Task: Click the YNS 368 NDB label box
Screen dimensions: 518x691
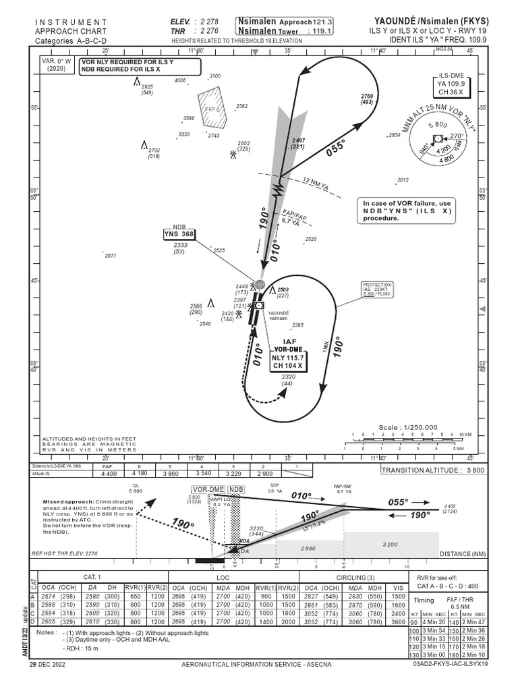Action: (x=179, y=235)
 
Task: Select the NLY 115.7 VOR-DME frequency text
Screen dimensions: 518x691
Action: (x=289, y=357)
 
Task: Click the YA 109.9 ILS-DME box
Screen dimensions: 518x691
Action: (x=452, y=86)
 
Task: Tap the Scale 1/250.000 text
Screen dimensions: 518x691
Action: (x=409, y=427)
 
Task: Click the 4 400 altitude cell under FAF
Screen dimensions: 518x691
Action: (x=108, y=474)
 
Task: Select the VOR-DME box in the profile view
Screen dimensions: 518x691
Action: (x=208, y=489)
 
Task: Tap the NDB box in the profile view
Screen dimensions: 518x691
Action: (x=235, y=489)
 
